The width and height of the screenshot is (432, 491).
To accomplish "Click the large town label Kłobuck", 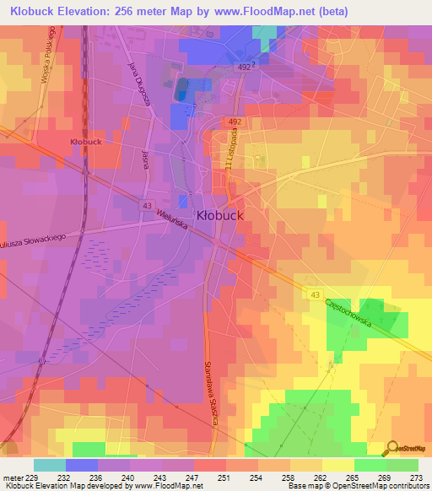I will click(220, 215).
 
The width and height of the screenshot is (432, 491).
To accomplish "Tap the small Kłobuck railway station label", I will click(88, 142).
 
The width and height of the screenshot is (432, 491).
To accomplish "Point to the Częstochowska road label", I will click(347, 307).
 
